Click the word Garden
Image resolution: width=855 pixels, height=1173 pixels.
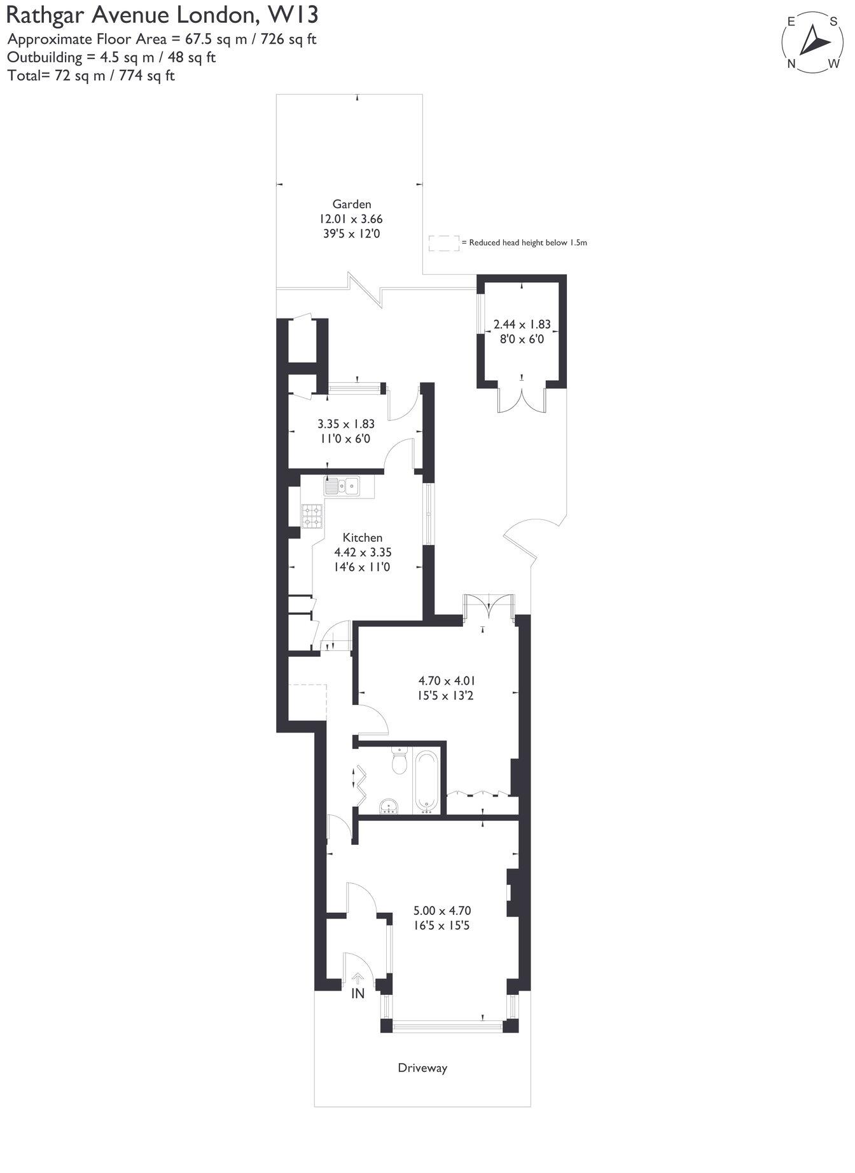351,204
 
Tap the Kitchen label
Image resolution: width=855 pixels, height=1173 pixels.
362,537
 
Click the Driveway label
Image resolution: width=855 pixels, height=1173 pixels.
422,1067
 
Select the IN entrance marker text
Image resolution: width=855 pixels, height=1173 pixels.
358,993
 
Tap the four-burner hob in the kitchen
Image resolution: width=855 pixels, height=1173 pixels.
312,516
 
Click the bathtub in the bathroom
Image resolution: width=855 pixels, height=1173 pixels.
426,781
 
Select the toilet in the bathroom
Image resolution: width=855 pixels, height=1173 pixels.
400,760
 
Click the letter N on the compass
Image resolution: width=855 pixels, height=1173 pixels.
792,63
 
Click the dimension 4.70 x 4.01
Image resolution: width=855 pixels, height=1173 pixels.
446,680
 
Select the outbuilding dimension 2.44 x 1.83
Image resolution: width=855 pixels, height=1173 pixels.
522,324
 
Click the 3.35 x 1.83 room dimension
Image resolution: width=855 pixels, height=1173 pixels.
345,423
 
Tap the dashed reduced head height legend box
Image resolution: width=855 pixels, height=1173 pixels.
443,243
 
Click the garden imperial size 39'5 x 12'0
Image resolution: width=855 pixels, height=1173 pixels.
351,233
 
